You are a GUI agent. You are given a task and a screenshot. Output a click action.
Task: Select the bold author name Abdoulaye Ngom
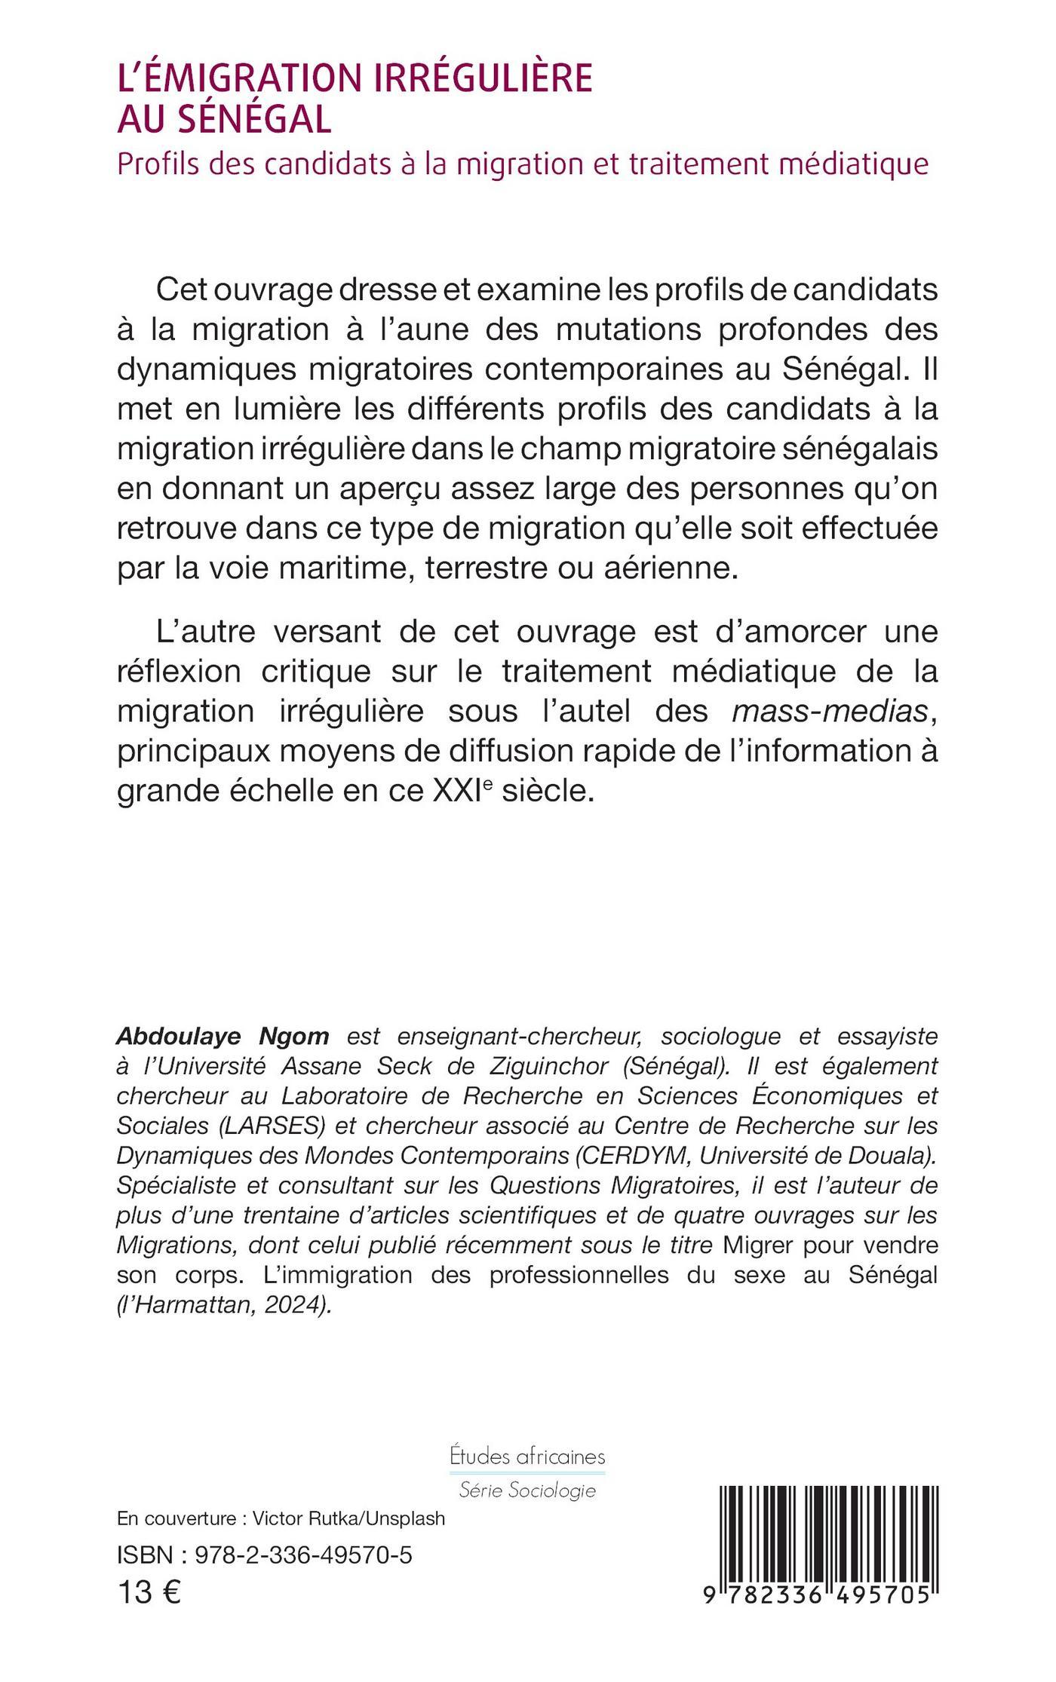pos(223,1037)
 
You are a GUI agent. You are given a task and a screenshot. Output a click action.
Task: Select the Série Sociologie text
pos(527,1490)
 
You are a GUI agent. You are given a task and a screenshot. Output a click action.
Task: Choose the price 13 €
pos(149,1593)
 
